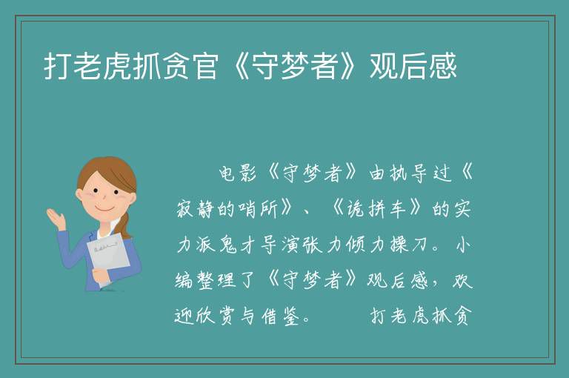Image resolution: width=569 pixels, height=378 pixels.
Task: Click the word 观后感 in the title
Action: [x=413, y=67]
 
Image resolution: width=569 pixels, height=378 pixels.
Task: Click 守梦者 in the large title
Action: [x=295, y=67]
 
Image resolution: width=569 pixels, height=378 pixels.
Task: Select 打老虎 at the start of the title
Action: [x=87, y=67]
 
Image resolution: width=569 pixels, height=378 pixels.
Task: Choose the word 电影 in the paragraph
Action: [x=238, y=173]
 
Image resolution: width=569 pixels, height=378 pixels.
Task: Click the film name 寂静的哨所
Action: [x=227, y=209]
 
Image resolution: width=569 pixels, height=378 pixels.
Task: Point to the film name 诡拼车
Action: [x=375, y=209]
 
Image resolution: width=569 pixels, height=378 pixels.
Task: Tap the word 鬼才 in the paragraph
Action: [x=238, y=245]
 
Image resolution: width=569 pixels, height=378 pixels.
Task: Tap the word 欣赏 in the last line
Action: [x=216, y=316]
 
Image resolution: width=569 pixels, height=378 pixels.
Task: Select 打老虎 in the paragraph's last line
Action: [x=402, y=316]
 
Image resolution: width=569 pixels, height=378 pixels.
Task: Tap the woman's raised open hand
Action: [x=56, y=218]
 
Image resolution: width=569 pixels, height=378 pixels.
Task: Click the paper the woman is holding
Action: [x=108, y=258]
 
